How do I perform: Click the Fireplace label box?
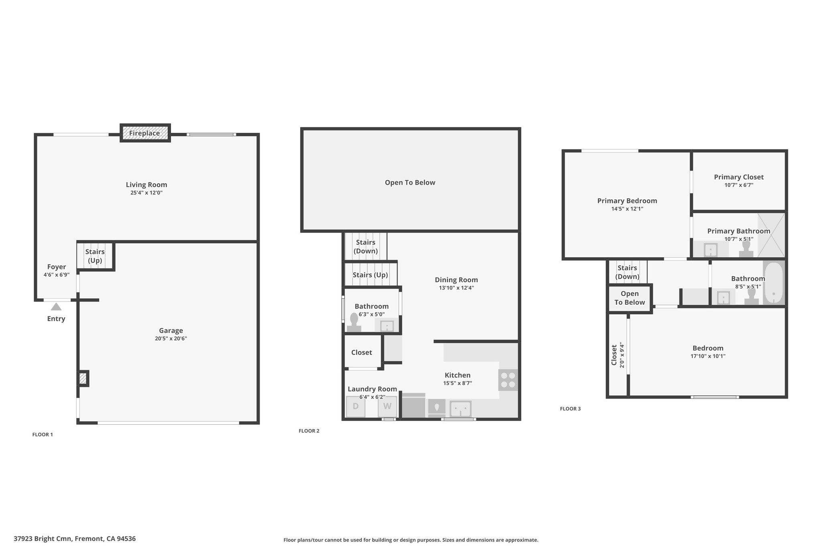tap(145, 133)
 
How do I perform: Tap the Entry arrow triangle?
tap(56, 307)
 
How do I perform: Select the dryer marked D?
tap(356, 406)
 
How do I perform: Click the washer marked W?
tap(387, 406)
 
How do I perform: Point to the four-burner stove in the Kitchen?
tap(508, 380)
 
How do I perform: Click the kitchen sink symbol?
tap(460, 409)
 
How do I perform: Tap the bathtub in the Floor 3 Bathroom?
tap(773, 283)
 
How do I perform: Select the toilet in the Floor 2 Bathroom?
tap(354, 322)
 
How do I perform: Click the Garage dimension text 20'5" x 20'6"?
tap(171, 338)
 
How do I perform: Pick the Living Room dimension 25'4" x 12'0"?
tap(146, 193)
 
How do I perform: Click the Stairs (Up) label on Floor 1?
tap(95, 256)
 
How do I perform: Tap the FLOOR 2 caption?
tap(309, 431)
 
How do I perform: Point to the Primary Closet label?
tap(739, 177)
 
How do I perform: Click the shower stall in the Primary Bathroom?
tap(771, 235)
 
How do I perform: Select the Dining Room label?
tap(456, 280)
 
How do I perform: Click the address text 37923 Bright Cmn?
tap(43, 539)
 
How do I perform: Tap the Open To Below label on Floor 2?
tap(410, 183)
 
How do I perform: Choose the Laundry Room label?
tap(372, 389)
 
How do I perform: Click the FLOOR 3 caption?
tap(570, 409)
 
